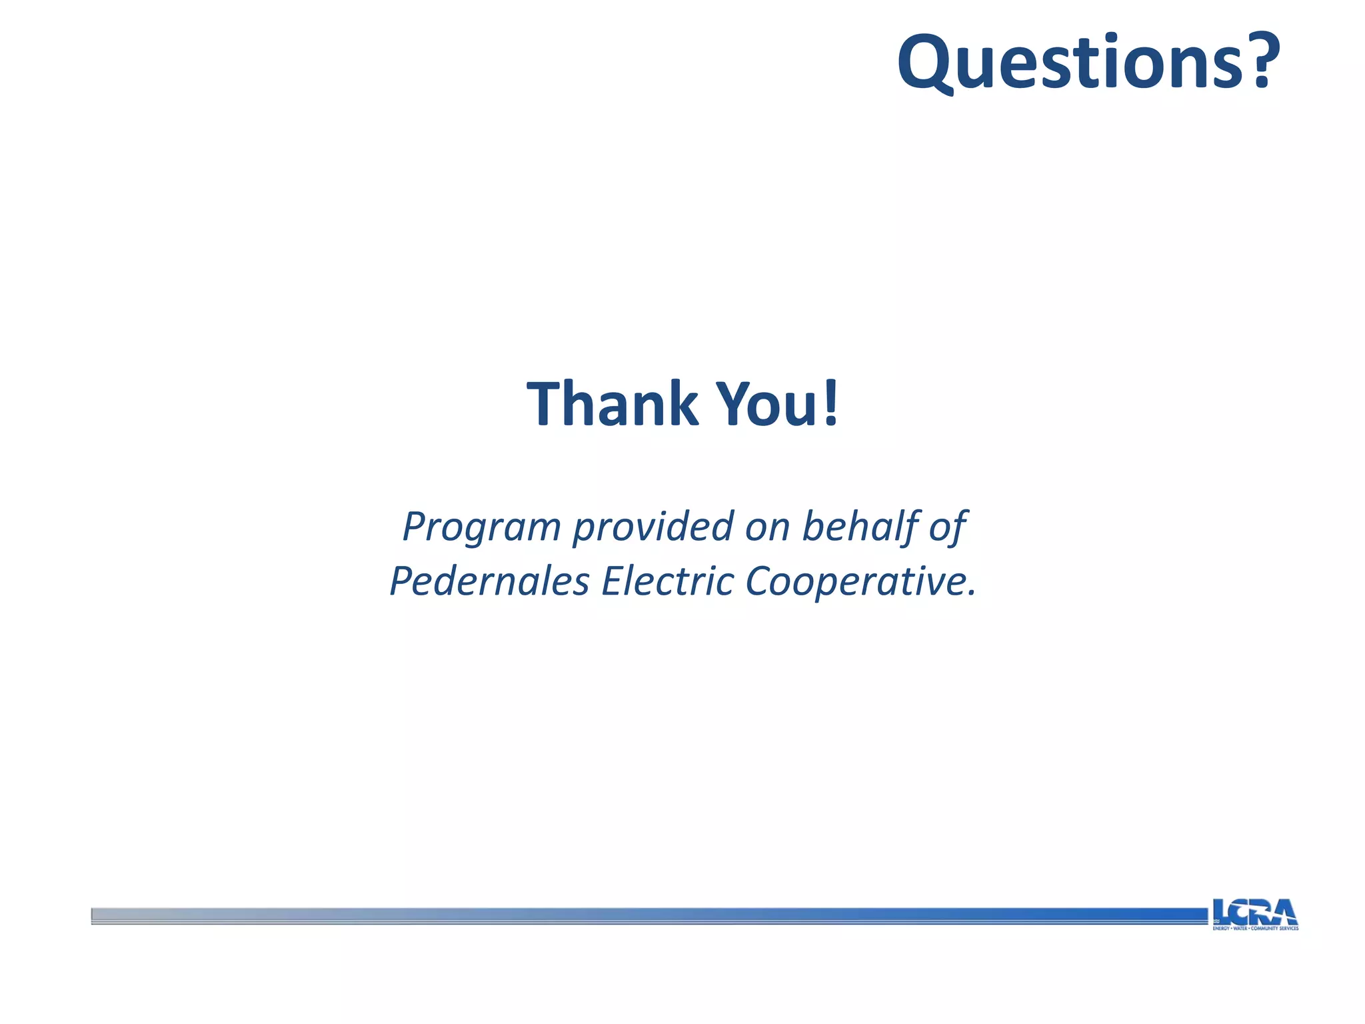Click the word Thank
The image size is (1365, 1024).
pyautogui.click(x=611, y=404)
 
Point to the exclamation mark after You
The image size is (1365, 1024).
pyautogui.click(x=830, y=403)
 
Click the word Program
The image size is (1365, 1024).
pyautogui.click(x=482, y=527)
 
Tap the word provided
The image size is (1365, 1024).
pyautogui.click(x=653, y=527)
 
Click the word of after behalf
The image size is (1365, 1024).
pyautogui.click(x=948, y=527)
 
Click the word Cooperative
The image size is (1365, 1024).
pyautogui.click(x=852, y=581)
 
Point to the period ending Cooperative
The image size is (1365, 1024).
pyautogui.click(x=971, y=593)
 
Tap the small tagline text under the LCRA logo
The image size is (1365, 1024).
pyautogui.click(x=1255, y=928)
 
